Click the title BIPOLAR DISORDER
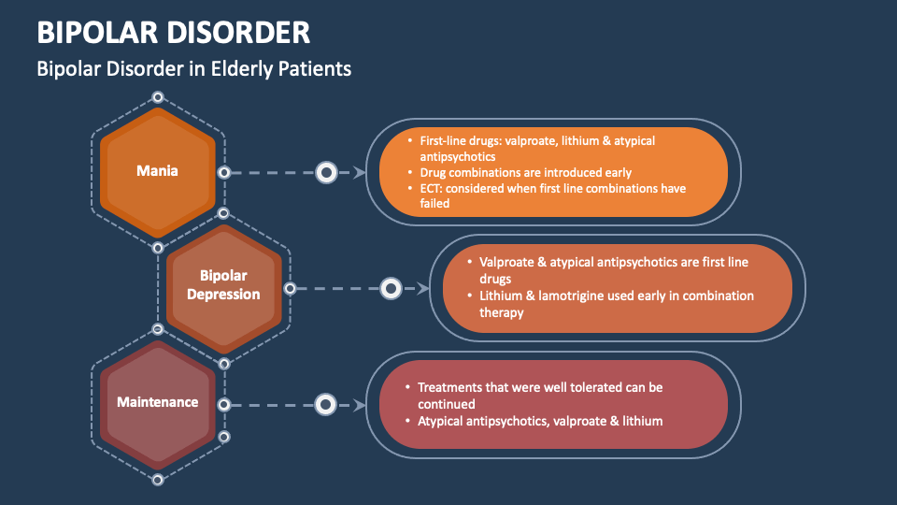[x=174, y=32]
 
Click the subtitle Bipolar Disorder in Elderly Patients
[x=193, y=68]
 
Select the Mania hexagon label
[x=157, y=170]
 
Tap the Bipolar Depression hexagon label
[x=223, y=285]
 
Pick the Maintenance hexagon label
[x=157, y=402]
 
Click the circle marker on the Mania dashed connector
[x=326, y=172]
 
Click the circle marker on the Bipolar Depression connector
[x=392, y=288]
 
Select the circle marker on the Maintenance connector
[x=325, y=405]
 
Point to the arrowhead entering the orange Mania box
[x=359, y=172]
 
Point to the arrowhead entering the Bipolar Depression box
[x=423, y=288]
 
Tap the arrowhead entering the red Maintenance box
[x=359, y=405]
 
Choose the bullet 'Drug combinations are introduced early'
[x=525, y=172]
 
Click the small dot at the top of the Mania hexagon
[x=158, y=97]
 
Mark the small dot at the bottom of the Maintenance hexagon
[x=158, y=479]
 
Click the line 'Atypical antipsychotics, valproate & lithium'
[x=539, y=421]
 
